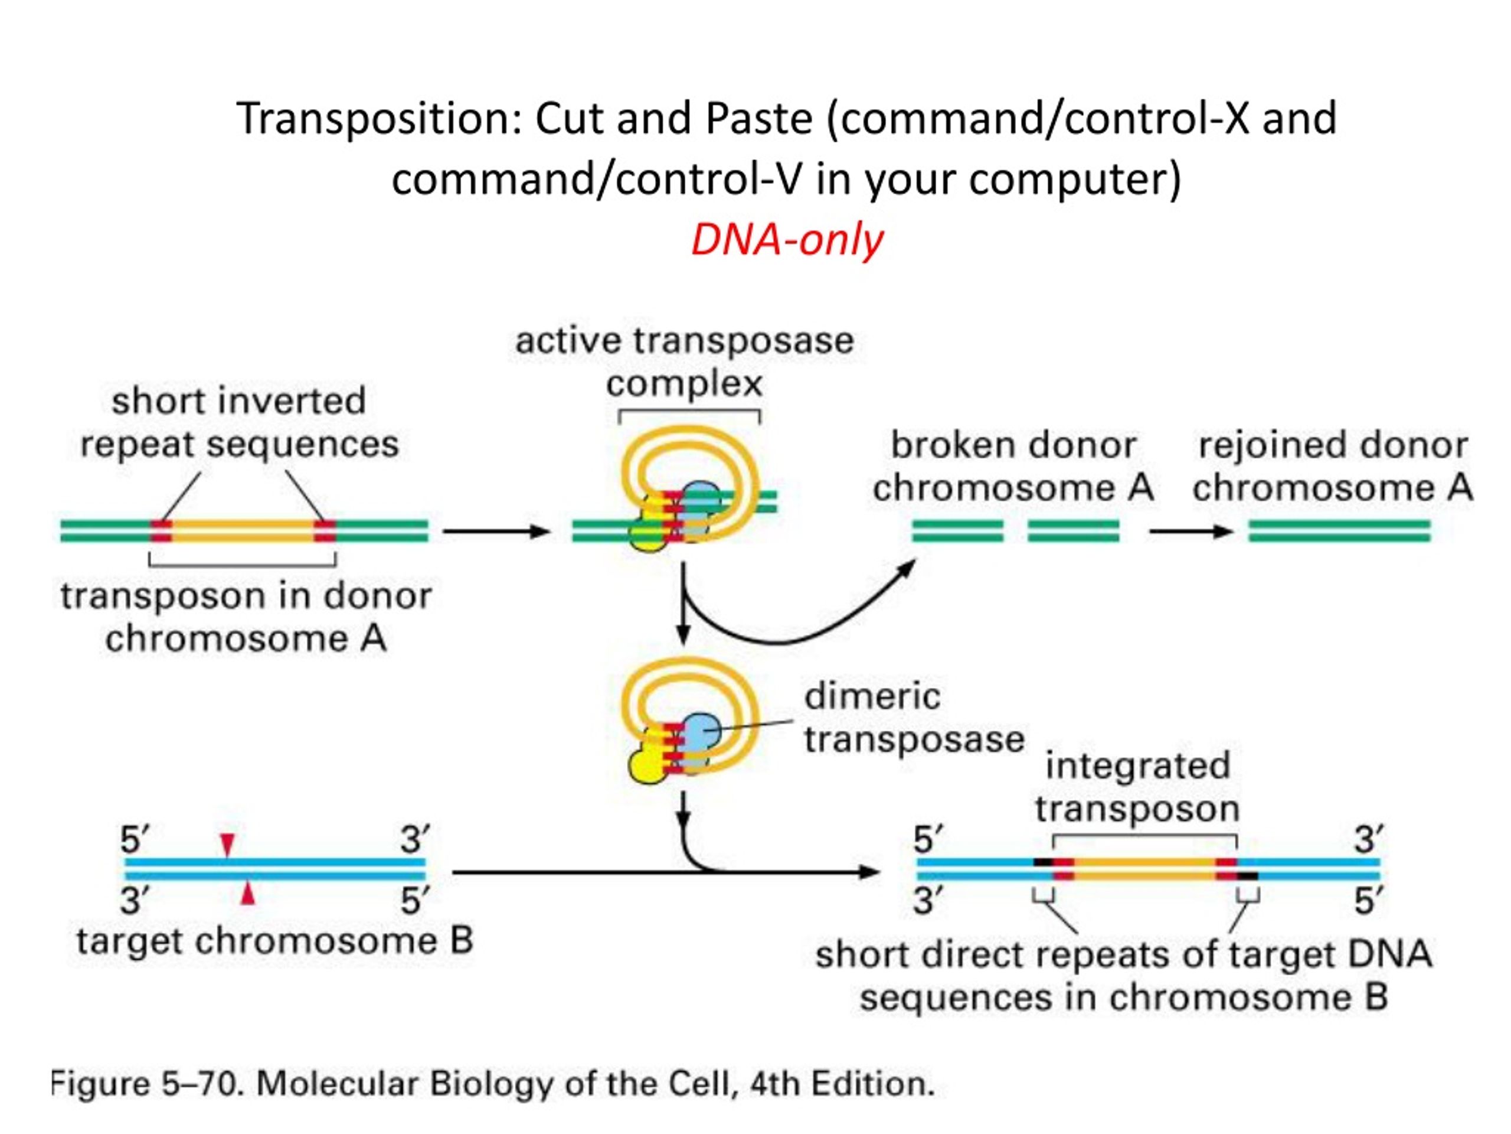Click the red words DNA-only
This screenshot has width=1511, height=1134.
pos(787,240)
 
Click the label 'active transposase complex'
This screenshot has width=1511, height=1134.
pos(685,361)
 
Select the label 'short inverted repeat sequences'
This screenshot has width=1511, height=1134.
pos(239,422)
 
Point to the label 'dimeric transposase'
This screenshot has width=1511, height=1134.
pos(914,718)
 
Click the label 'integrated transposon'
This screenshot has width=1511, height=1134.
pos(1137,787)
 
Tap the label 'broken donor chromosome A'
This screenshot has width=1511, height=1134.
pos(1013,466)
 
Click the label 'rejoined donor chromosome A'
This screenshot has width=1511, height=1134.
pos(1333,466)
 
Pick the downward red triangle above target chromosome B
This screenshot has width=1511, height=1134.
pos(227,845)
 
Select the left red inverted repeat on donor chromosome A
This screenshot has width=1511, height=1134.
pos(161,531)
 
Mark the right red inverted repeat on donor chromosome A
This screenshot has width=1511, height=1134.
pos(325,531)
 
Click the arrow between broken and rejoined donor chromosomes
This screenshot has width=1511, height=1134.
pos(1191,531)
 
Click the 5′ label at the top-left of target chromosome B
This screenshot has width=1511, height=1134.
pos(135,839)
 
